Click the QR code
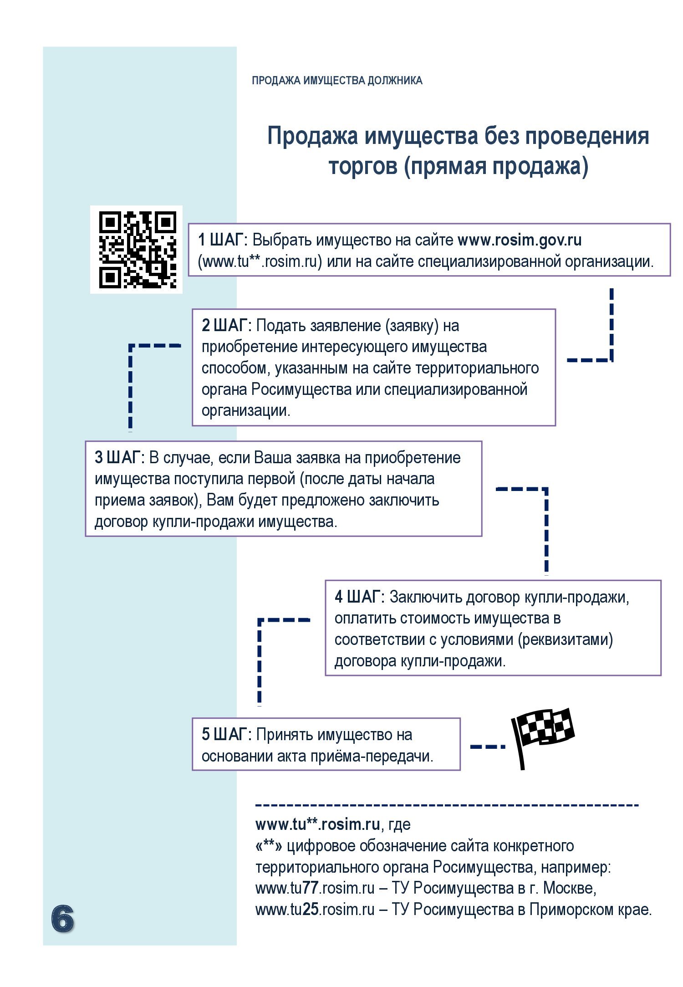(137, 249)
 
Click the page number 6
(62, 919)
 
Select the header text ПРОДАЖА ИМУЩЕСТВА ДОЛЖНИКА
(337, 81)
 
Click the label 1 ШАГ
(222, 240)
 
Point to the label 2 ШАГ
(226, 326)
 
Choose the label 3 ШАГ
(119, 458)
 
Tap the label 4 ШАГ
(359, 597)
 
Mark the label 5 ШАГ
(226, 734)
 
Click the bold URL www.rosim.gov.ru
(519, 240)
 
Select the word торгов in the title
(363, 166)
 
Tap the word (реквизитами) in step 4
(565, 639)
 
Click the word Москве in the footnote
(569, 888)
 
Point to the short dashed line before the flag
(487, 747)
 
